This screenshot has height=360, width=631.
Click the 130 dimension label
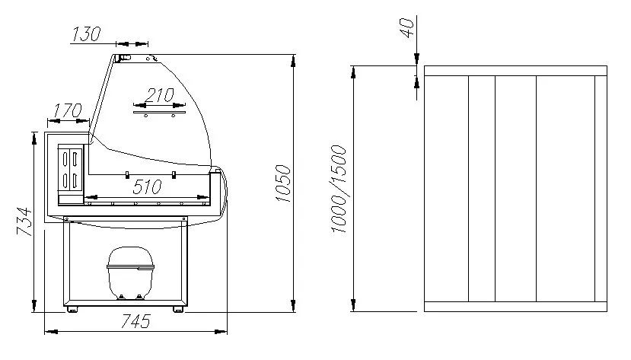[x=86, y=34]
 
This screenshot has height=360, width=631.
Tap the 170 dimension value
[x=68, y=110]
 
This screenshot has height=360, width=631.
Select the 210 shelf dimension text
[x=159, y=95]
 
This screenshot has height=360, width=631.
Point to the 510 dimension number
[x=147, y=186]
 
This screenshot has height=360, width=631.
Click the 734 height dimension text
[x=24, y=221]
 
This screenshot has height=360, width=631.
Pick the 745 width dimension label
[x=135, y=321]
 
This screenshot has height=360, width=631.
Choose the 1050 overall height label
[x=283, y=183]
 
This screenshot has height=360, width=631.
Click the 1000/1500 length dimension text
[x=339, y=190]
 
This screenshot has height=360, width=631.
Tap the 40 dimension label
[x=407, y=27]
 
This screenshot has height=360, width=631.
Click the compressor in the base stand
[x=130, y=273]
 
